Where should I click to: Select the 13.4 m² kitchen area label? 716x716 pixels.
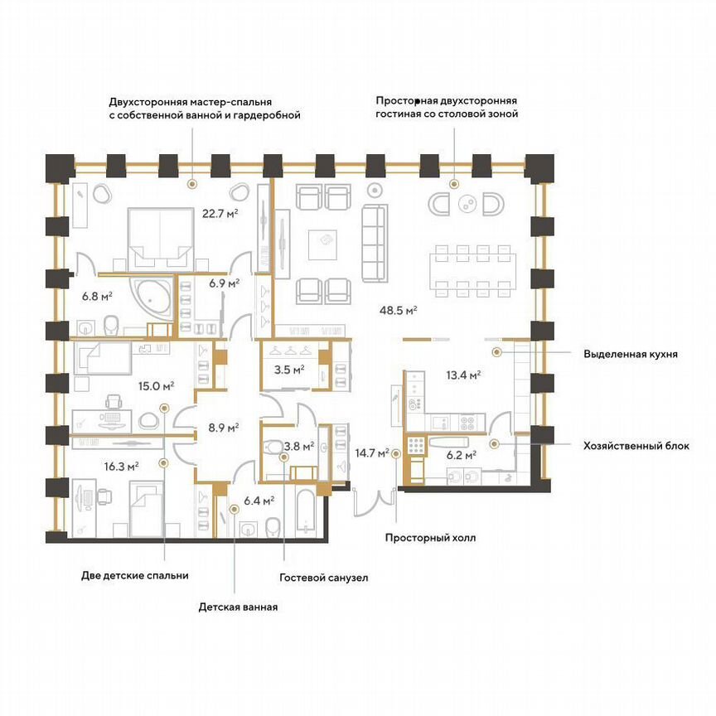tap(463, 375)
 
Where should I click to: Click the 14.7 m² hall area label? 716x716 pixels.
tap(371, 453)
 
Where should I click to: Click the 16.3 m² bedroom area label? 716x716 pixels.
tap(122, 467)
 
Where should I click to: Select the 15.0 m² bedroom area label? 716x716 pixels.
tap(157, 385)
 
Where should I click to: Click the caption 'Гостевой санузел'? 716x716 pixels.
tap(322, 577)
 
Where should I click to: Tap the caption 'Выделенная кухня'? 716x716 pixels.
tap(630, 353)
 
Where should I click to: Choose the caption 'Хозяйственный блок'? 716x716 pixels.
tap(636, 445)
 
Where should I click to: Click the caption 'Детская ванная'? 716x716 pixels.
tap(238, 607)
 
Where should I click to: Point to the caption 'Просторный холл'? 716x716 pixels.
tap(430, 537)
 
